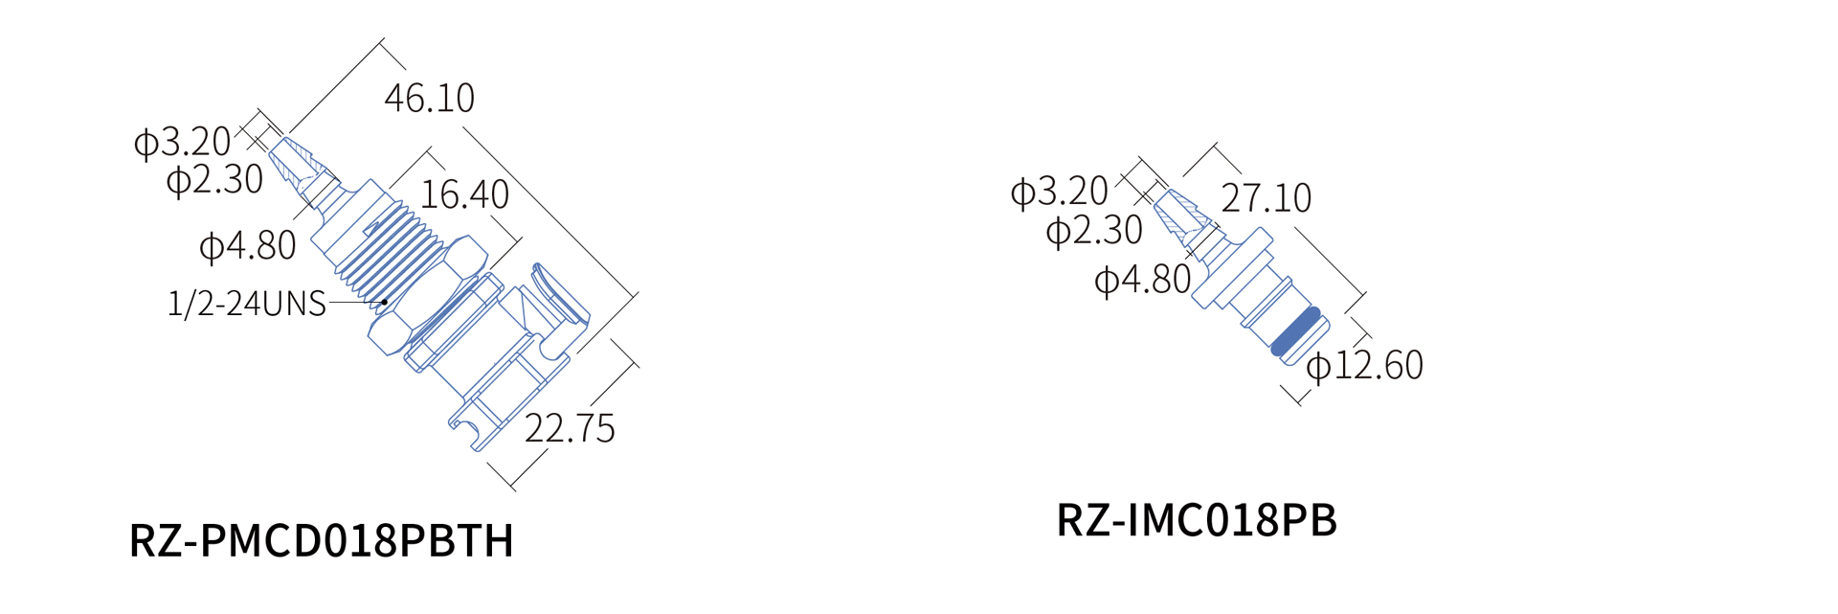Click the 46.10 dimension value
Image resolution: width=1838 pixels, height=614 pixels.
click(x=429, y=98)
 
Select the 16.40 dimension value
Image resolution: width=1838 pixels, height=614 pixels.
click(x=464, y=194)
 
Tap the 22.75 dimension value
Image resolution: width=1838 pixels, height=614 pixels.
click(x=570, y=428)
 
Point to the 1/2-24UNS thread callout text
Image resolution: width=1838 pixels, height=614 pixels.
click(x=247, y=304)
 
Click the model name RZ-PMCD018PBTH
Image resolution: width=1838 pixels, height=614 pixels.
click(x=322, y=540)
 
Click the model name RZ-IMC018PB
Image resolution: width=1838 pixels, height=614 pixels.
click(x=1197, y=520)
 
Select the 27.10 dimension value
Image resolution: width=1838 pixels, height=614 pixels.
click(x=1266, y=198)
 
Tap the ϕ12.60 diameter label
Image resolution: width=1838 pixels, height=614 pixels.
click(x=1365, y=365)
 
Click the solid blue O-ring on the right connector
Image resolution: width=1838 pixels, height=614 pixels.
click(x=1296, y=331)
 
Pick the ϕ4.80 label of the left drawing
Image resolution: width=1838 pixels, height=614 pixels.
click(x=248, y=246)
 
